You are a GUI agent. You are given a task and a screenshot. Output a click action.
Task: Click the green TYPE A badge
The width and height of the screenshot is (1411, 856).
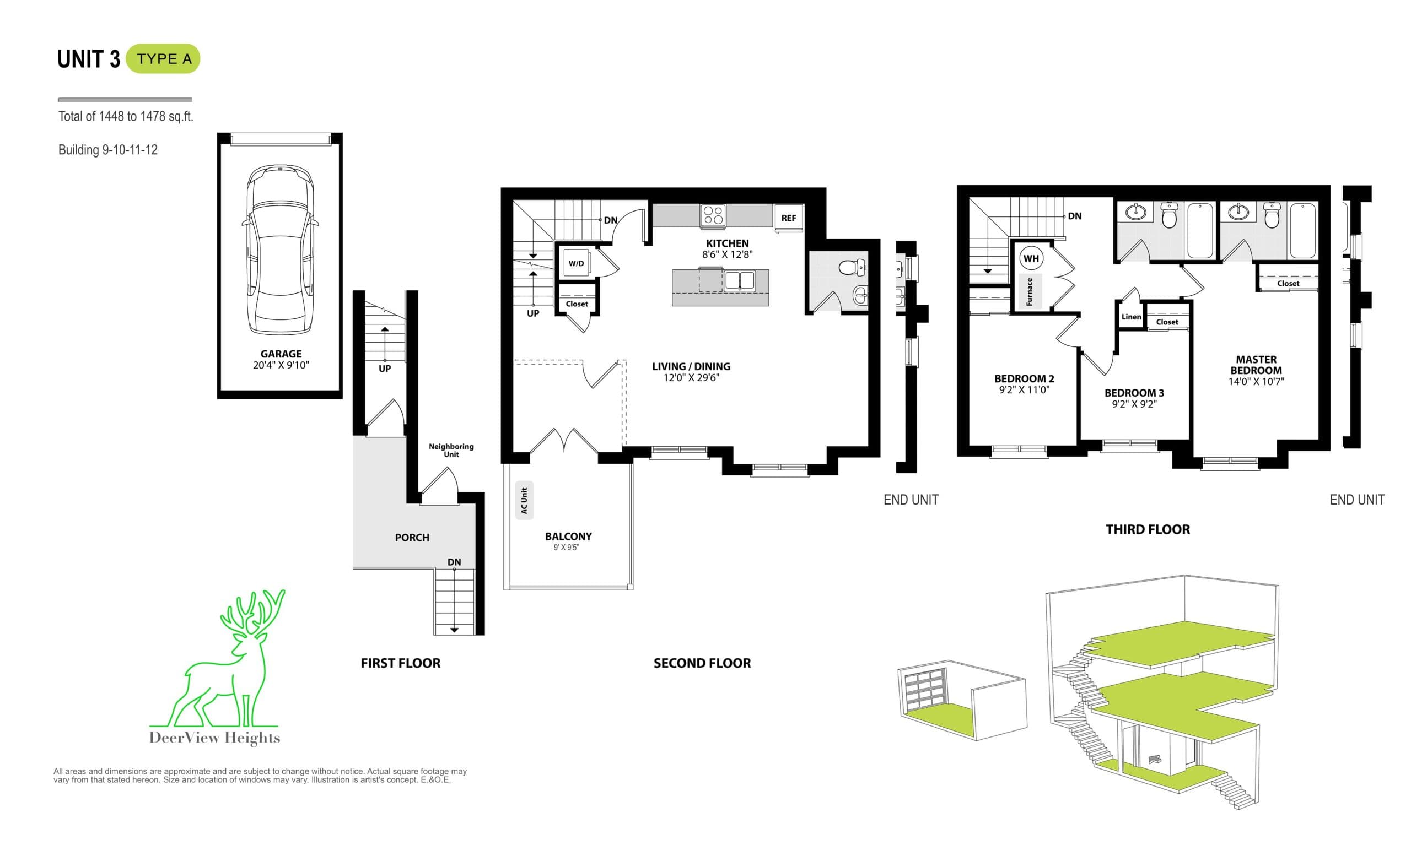click(163, 59)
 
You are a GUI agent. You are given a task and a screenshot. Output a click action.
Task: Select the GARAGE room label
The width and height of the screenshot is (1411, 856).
click(281, 354)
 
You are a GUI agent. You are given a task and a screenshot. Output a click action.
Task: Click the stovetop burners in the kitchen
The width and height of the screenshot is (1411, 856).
click(713, 215)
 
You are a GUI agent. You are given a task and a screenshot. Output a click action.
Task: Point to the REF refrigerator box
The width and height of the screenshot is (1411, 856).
click(789, 218)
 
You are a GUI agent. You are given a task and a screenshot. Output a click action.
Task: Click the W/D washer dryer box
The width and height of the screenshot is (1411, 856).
click(576, 263)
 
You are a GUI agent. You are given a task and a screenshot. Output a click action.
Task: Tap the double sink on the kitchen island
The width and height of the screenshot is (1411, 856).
click(739, 280)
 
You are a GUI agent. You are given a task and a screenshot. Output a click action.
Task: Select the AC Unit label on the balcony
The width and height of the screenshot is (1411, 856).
click(524, 500)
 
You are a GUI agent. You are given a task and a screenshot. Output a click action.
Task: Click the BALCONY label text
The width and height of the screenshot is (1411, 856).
click(568, 536)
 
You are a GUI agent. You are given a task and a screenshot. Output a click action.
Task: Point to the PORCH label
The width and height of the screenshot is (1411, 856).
click(412, 537)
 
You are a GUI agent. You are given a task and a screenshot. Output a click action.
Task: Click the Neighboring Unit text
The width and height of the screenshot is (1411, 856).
click(451, 449)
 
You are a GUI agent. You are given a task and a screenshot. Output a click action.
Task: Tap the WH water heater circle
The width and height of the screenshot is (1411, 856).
click(1031, 259)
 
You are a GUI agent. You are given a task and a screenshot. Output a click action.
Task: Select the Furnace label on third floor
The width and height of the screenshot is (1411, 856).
click(1029, 291)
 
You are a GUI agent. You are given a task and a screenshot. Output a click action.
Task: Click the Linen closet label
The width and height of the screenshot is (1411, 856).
click(1131, 317)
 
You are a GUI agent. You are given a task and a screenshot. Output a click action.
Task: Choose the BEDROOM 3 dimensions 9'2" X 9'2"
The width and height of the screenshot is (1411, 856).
click(1134, 404)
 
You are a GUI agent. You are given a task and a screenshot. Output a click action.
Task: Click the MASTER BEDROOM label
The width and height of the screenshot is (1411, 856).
click(1256, 365)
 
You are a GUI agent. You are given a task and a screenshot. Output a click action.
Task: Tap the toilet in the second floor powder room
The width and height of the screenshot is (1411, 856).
click(852, 267)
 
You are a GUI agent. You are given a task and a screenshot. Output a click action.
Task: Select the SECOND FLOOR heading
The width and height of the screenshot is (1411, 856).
click(702, 663)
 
